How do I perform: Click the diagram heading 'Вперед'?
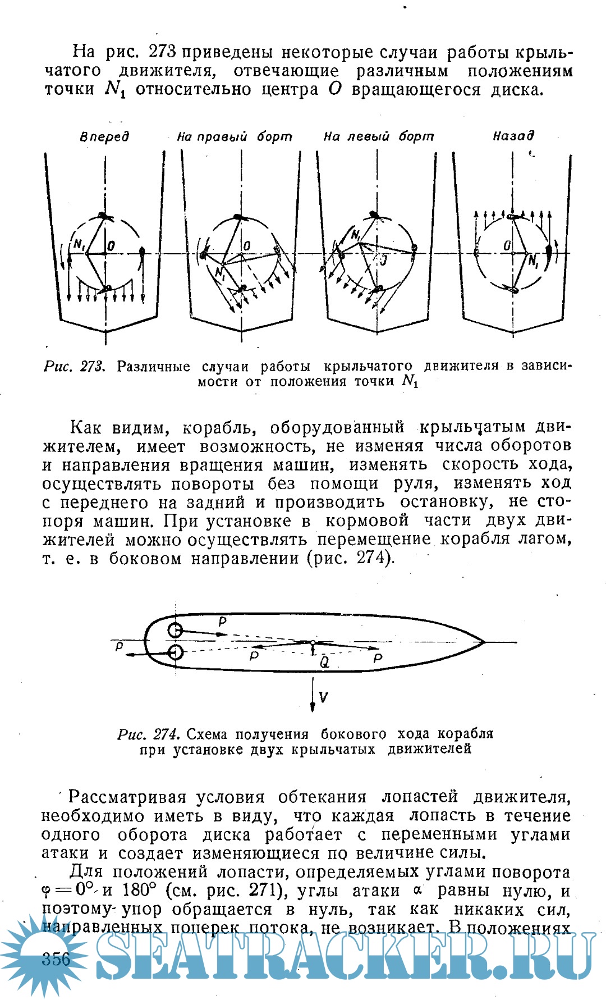(x=104, y=136)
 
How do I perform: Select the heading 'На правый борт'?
(x=235, y=136)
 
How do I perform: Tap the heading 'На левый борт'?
(x=378, y=136)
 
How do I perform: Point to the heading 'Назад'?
(x=513, y=136)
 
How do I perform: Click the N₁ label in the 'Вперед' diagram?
(x=78, y=245)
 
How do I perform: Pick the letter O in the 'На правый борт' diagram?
(x=247, y=245)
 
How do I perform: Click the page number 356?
(x=56, y=958)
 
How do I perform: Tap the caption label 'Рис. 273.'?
(x=75, y=367)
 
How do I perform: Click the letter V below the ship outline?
(x=323, y=697)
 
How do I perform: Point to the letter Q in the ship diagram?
(x=324, y=663)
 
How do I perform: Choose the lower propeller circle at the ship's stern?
(x=176, y=652)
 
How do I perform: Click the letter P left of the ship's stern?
(x=119, y=647)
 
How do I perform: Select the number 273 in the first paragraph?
(x=163, y=52)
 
